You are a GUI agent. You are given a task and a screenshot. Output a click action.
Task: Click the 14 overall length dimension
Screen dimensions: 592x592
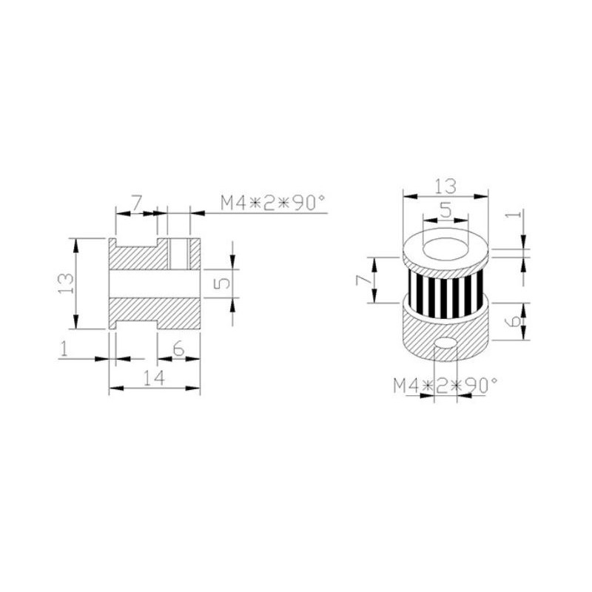click(x=154, y=378)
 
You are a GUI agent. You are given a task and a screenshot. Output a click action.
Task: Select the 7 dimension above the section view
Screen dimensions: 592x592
click(x=136, y=203)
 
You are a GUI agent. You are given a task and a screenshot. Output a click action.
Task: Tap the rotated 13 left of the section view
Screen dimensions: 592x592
click(x=65, y=283)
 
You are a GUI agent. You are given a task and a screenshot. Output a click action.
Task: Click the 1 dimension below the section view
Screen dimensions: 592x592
click(x=64, y=349)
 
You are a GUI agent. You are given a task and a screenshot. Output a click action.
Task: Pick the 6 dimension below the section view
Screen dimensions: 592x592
click(x=178, y=349)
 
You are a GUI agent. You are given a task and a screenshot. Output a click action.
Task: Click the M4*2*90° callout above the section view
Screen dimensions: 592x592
click(x=272, y=203)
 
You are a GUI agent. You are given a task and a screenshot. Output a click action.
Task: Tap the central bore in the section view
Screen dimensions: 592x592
click(x=155, y=283)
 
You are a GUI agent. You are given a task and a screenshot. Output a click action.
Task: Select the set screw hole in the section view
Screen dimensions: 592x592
click(x=179, y=253)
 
